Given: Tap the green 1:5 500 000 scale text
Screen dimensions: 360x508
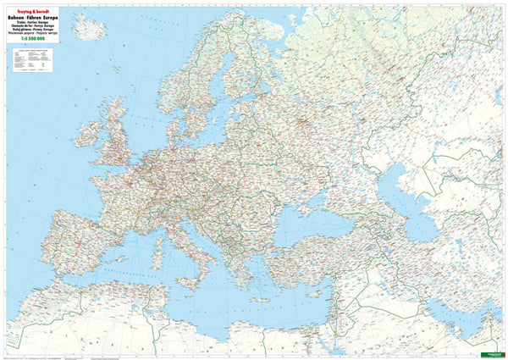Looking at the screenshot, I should click(x=25, y=44).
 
